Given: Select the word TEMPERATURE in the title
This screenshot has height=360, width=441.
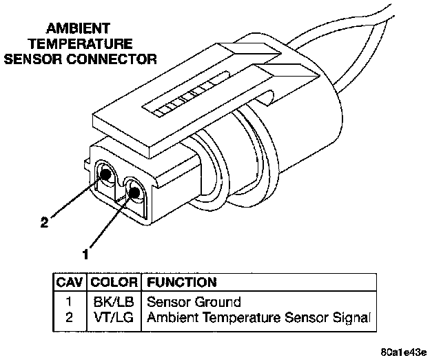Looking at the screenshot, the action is click(x=80, y=43).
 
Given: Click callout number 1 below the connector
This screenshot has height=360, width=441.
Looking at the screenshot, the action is click(x=85, y=254).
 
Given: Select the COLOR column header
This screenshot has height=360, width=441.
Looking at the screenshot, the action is click(x=114, y=282).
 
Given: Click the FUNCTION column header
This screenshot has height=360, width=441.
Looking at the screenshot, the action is click(x=181, y=282).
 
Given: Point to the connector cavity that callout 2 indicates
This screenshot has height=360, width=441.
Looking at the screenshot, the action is click(x=107, y=174).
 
